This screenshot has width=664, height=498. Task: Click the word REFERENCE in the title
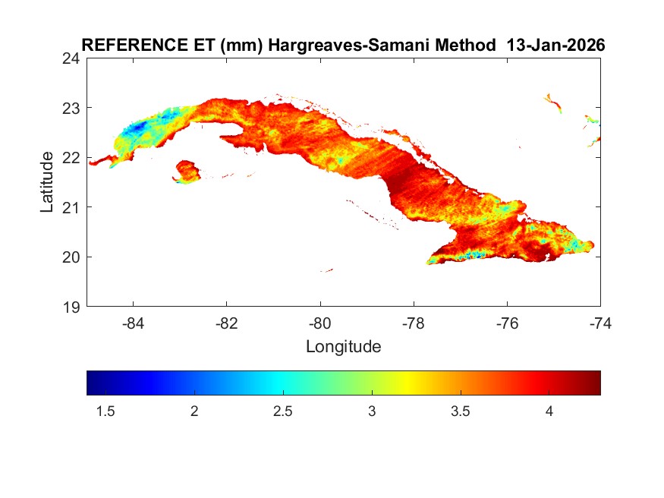(x=124, y=45)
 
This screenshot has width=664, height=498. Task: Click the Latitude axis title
(x=47, y=182)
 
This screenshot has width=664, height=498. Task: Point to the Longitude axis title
(x=343, y=347)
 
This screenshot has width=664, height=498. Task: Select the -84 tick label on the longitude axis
(x=134, y=323)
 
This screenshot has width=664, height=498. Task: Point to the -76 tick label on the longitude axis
(x=507, y=323)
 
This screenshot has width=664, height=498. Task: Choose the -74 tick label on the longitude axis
(x=599, y=323)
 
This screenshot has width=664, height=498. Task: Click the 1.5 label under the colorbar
(x=105, y=411)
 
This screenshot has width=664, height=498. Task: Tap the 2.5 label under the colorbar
(x=283, y=411)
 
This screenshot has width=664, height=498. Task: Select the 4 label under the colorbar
(x=549, y=411)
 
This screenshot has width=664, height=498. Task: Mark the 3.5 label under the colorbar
(x=461, y=411)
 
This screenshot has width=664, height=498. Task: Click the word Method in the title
(x=461, y=45)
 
